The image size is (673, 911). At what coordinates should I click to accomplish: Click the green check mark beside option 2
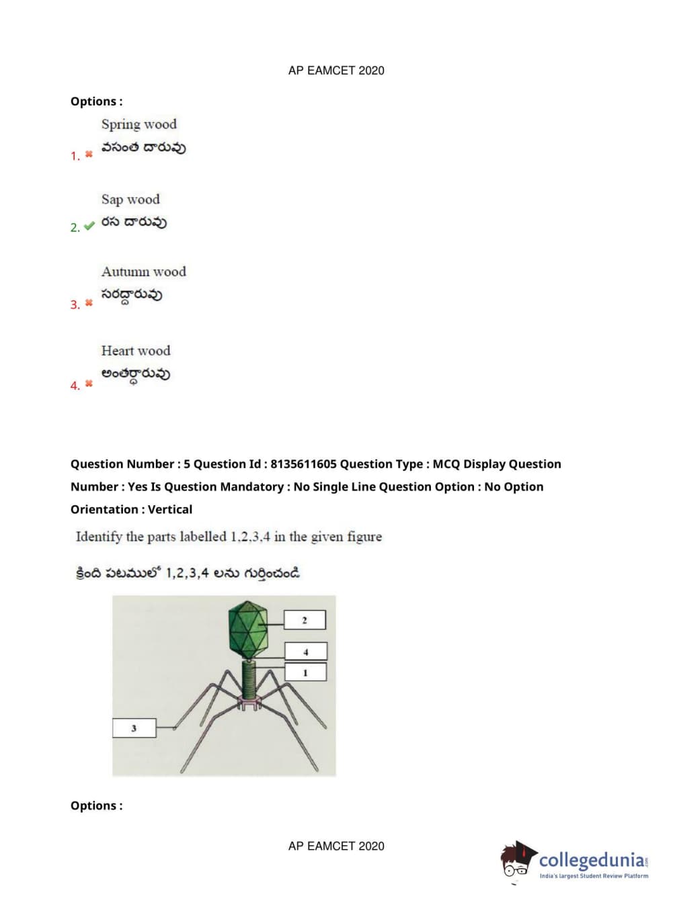[89, 226]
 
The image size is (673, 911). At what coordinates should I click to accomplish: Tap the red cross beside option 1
[89, 155]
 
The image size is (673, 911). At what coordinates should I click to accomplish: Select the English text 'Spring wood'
[138, 124]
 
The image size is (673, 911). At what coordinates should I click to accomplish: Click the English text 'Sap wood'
[130, 200]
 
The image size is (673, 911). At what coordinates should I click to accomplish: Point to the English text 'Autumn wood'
[143, 271]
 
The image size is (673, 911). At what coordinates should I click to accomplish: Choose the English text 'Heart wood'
[136, 351]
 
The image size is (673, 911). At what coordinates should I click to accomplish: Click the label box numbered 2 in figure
[305, 619]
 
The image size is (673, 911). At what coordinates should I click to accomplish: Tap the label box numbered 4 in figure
[306, 651]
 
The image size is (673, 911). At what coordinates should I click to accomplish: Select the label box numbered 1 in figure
[305, 672]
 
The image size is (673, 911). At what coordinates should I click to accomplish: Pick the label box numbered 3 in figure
[134, 728]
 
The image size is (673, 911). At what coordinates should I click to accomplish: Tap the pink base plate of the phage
[249, 703]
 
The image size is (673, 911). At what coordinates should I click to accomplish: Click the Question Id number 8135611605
[303, 464]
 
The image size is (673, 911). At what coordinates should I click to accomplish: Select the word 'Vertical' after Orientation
[170, 510]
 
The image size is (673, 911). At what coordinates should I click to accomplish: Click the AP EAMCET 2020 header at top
[336, 71]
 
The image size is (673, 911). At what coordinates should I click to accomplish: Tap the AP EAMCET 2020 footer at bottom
[336, 847]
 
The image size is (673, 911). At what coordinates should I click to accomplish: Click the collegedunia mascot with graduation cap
[517, 861]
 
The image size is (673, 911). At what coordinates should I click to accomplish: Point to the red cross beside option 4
[89, 384]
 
